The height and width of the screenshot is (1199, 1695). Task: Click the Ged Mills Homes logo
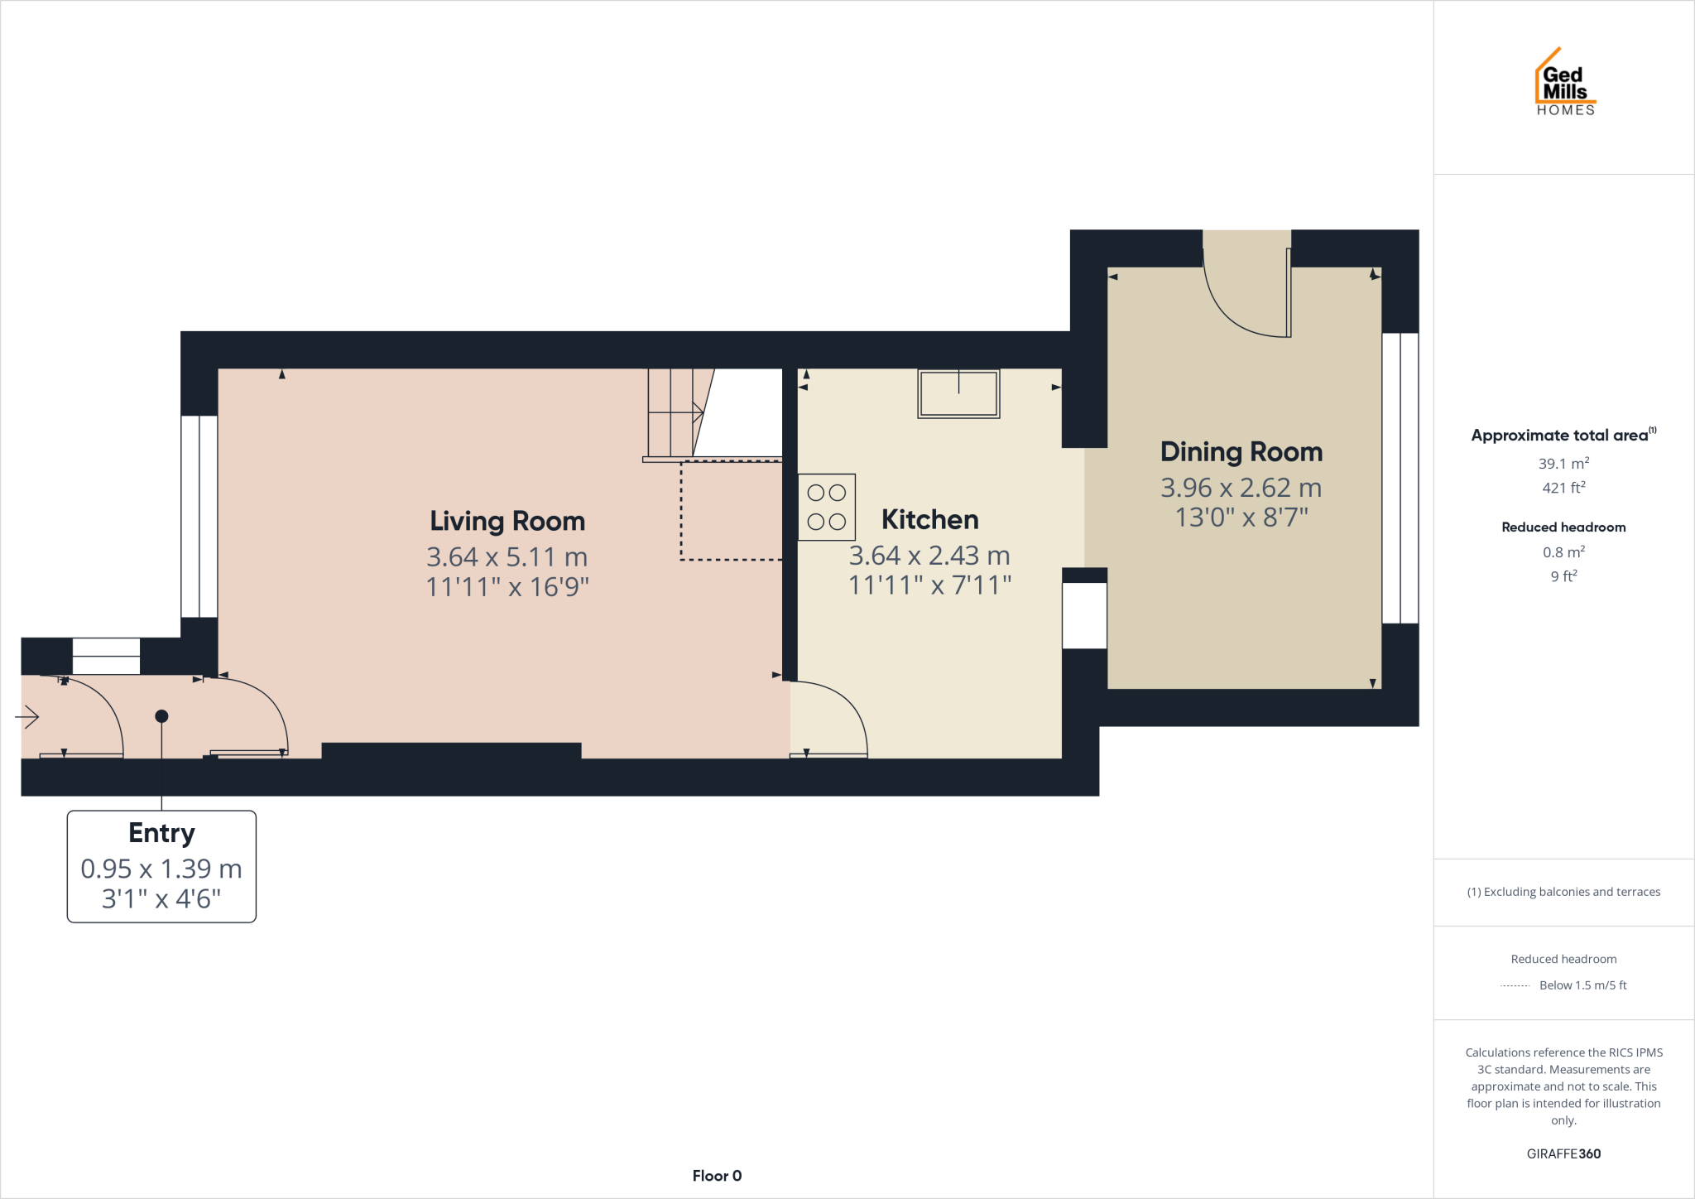coord(1564,84)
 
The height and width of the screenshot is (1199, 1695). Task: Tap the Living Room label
coord(507,522)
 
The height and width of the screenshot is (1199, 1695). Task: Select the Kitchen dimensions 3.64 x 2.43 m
coord(929,556)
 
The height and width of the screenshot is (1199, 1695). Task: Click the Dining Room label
coord(1241,452)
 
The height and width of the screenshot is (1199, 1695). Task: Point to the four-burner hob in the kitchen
coord(826,507)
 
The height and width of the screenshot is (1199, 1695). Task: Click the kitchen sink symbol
coord(958,394)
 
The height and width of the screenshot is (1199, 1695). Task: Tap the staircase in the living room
coord(675,412)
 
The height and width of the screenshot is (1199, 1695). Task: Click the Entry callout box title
coord(161,833)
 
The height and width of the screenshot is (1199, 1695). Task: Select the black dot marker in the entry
coord(161,716)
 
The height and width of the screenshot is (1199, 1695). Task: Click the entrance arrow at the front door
coord(28,716)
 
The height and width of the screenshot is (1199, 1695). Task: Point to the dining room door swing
coord(1246,298)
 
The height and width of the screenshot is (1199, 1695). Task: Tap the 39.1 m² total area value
coord(1563,464)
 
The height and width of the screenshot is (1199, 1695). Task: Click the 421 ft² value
coord(1563,489)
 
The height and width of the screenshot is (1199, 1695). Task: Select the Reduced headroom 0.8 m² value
coord(1563,552)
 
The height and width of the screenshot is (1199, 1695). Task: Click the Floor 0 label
coord(717,1176)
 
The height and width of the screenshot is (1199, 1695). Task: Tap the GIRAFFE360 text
coord(1563,1153)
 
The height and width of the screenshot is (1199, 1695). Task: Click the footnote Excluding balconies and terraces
coord(1563,892)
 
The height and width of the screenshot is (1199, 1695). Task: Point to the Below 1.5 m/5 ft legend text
coord(1582,985)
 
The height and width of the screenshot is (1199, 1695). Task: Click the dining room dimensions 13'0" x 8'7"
coord(1241,518)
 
